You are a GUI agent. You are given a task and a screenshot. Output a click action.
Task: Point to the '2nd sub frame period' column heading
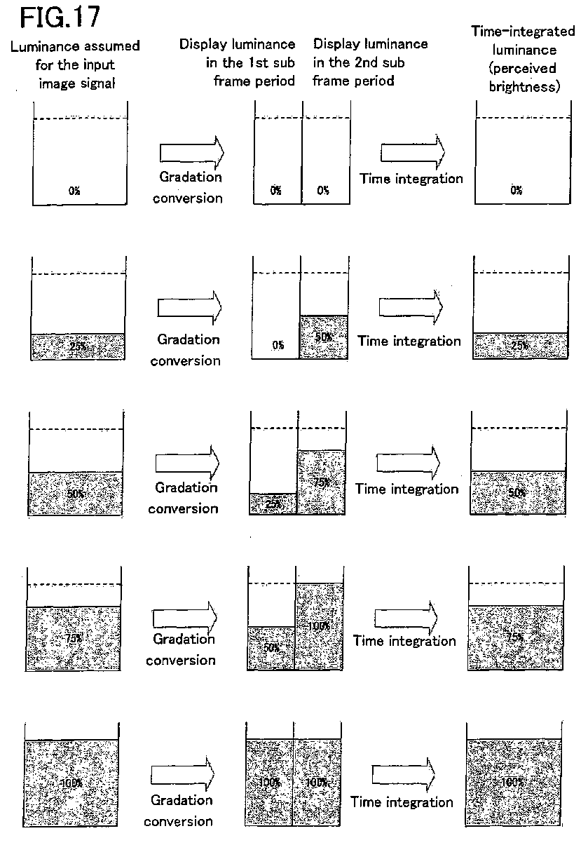tap(370, 62)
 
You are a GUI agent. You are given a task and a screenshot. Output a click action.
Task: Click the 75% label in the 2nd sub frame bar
tap(322, 482)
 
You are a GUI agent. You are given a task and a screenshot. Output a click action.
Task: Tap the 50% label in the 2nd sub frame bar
tap(324, 337)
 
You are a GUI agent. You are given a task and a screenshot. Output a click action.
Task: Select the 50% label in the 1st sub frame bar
tap(271, 647)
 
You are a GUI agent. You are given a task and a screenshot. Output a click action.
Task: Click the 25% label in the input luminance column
tap(78, 346)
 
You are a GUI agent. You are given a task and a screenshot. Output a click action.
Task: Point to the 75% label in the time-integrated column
tap(515, 637)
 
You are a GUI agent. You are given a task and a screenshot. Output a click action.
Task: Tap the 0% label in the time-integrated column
tap(517, 190)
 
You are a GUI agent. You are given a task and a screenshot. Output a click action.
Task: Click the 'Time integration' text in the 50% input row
tap(407, 489)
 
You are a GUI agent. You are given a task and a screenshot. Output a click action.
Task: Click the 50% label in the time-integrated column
tap(517, 492)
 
